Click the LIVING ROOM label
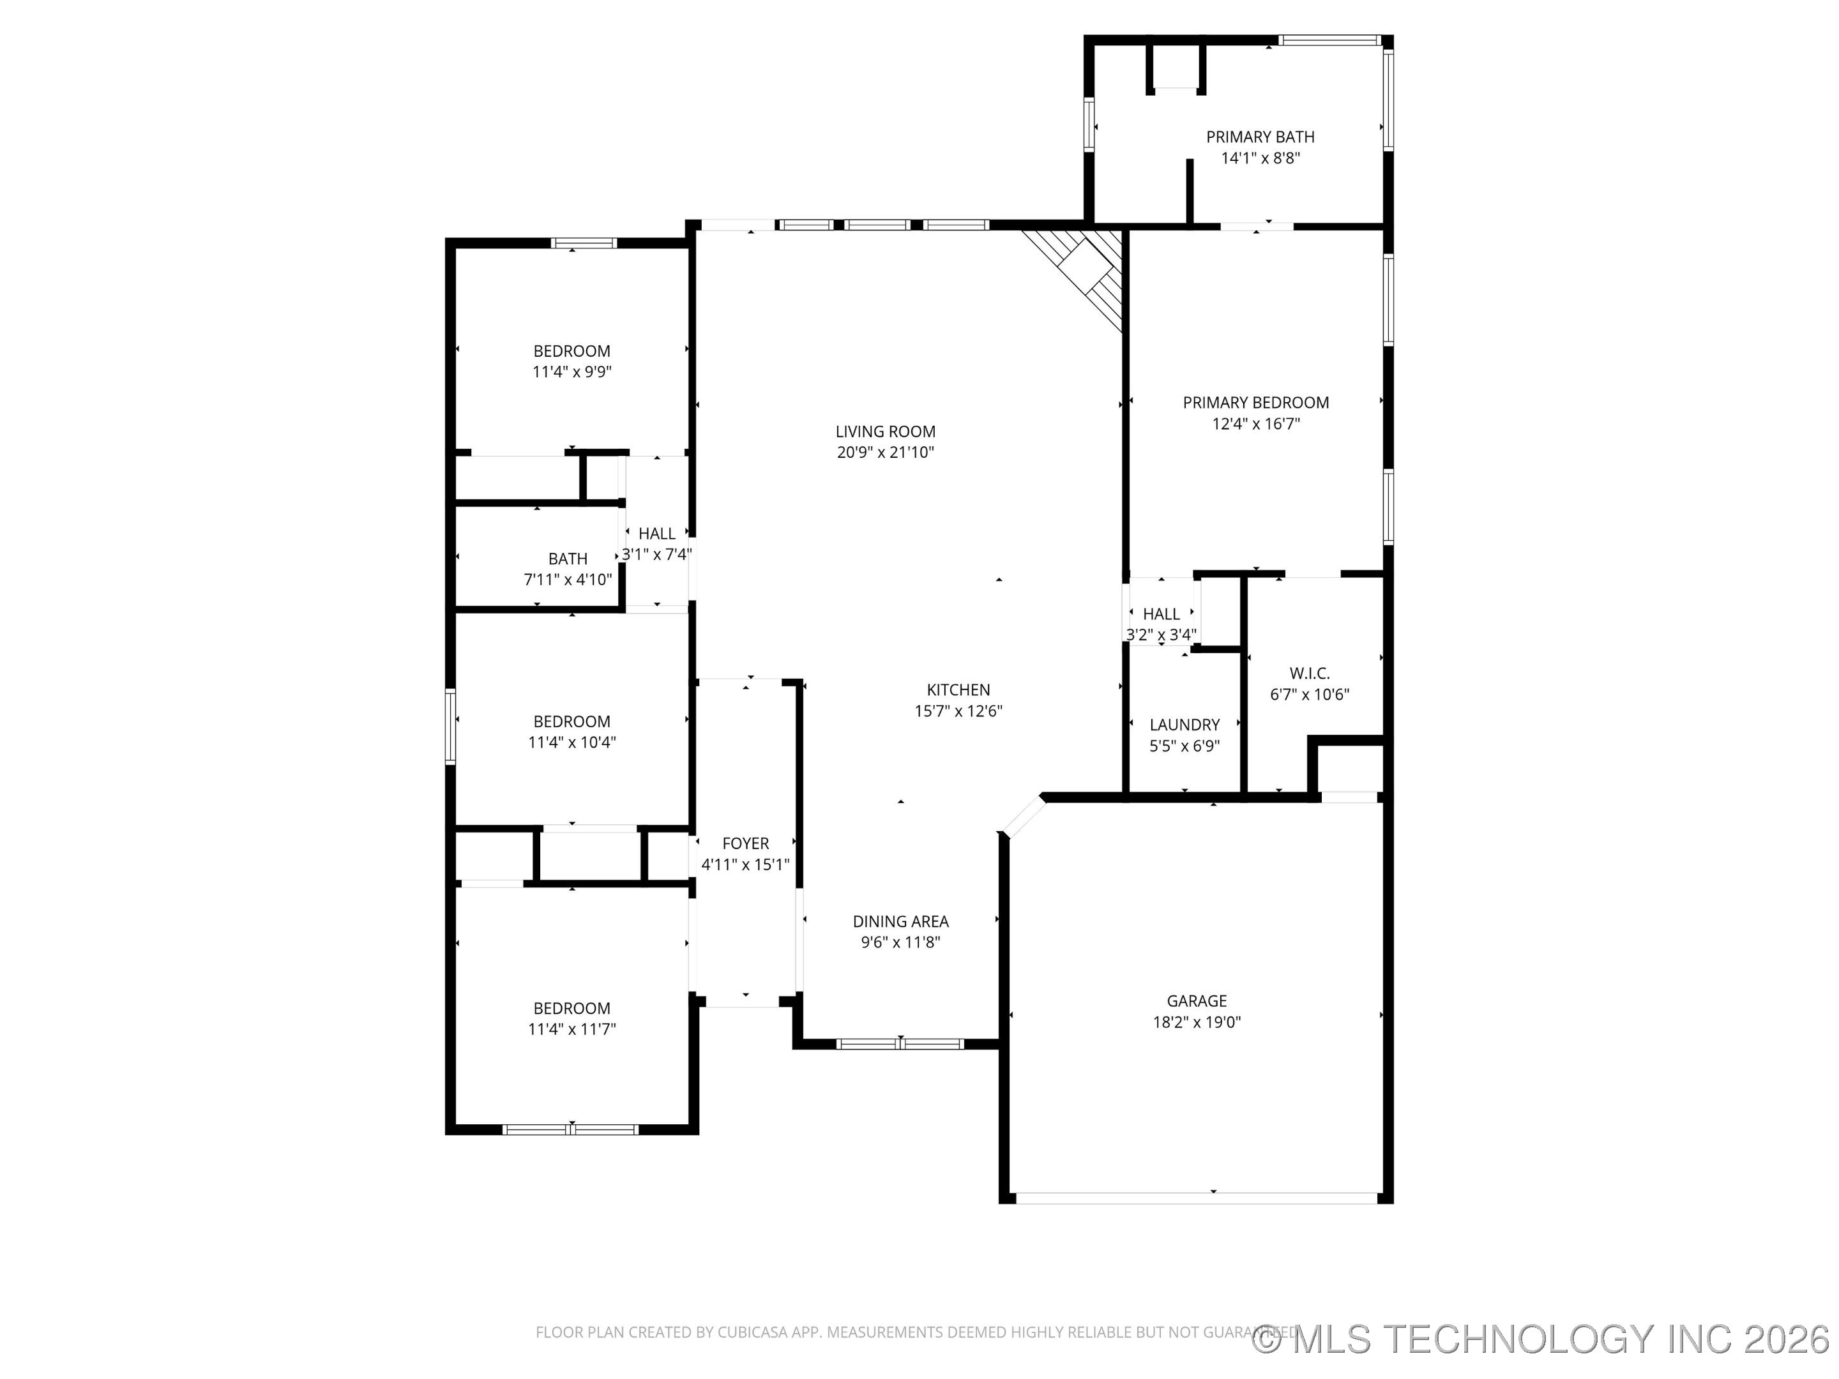[886, 432]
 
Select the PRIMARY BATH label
[1260, 137]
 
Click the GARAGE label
[1197, 1002]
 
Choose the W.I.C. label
[1310, 674]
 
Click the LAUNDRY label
[1184, 725]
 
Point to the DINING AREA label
[900, 922]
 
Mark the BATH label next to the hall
[568, 559]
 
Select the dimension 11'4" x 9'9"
[572, 372]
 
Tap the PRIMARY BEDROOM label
[1255, 403]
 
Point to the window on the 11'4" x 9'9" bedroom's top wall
[584, 243]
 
